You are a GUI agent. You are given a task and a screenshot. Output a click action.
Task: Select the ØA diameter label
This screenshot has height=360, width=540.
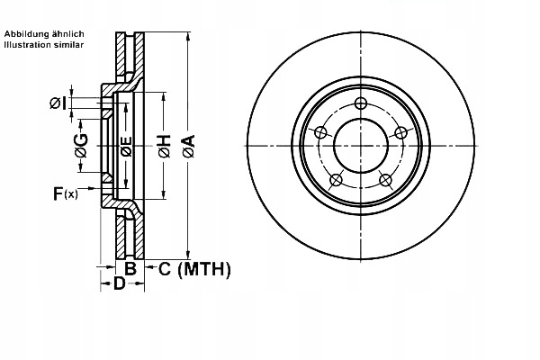188,147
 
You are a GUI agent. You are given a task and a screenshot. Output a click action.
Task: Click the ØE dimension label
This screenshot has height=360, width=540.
127,147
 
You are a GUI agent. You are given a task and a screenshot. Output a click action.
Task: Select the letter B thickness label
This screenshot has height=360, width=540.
130,268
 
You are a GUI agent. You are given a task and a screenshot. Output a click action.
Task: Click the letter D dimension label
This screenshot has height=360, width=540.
118,284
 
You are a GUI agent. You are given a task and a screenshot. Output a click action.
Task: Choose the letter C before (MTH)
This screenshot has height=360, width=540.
165,268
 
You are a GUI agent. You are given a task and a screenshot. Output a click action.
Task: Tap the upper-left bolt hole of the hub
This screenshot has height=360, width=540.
319,133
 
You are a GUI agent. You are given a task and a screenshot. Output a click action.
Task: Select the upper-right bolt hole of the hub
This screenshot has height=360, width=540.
402,133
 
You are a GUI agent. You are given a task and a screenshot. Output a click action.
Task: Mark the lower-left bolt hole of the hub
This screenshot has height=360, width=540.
335,180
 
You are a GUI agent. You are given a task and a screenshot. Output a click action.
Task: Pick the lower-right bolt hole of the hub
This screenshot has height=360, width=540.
387,180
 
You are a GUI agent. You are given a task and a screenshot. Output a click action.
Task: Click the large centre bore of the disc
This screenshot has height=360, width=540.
361,146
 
